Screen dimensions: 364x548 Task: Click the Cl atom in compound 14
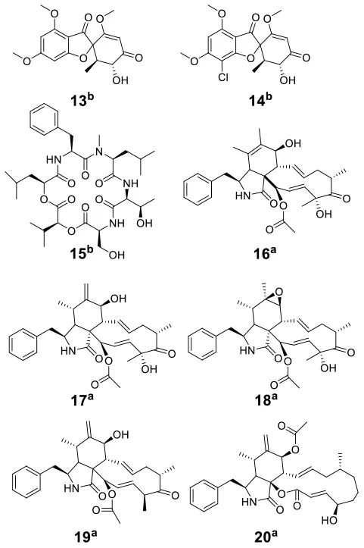(x=223, y=77)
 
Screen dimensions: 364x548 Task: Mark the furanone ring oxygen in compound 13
(x=82, y=58)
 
